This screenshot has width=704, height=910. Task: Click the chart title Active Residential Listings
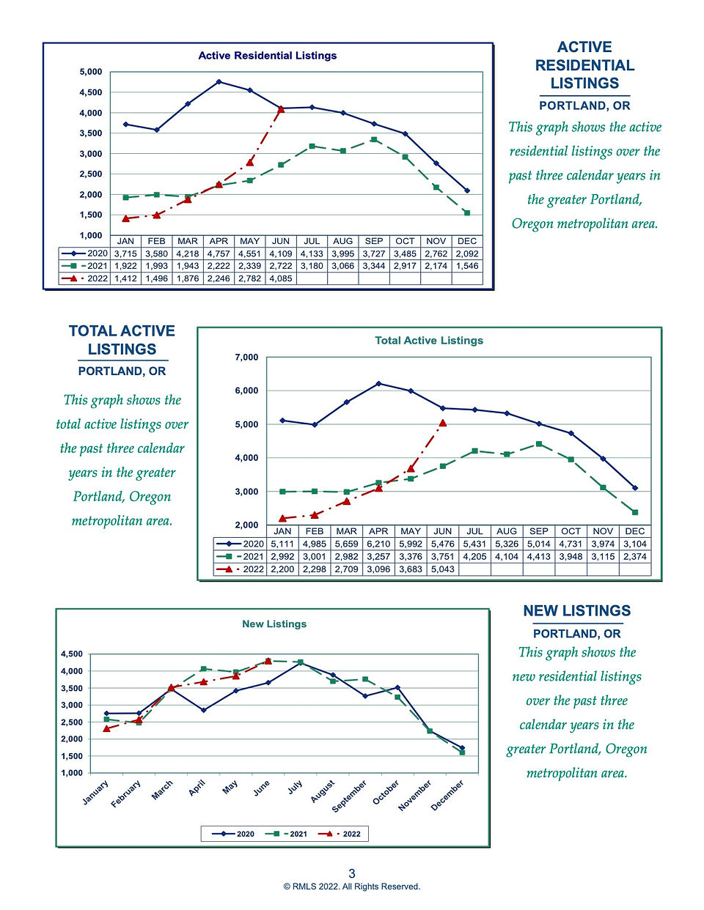pos(268,56)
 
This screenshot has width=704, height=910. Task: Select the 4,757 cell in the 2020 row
pos(219,254)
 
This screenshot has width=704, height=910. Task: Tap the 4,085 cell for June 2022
pos(281,278)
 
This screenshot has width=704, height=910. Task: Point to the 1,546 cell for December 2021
pos(467,266)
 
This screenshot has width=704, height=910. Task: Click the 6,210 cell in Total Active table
pos(378,544)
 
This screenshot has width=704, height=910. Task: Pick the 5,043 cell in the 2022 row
pos(442,569)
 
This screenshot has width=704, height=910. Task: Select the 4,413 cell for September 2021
pos(538,557)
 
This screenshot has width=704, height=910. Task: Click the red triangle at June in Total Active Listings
pos(442,423)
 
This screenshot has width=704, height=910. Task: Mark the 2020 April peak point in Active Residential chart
pos(219,81)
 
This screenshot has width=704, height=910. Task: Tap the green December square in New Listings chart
pos(462,752)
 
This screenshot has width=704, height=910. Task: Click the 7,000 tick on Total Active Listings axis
pos(247,358)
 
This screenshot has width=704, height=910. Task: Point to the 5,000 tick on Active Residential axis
pos(91,72)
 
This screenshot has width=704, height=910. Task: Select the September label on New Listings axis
pos(349,796)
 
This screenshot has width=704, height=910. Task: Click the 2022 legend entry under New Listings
pos(339,834)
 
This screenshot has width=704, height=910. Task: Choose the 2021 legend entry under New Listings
pos(286,834)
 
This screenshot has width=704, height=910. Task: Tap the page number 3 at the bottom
pos(352,873)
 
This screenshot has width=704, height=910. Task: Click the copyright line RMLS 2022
pos(352,887)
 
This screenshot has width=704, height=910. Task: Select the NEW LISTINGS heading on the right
pos(576,610)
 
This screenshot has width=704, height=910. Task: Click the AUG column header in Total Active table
pos(507,531)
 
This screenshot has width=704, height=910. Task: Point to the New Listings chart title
pos(274,624)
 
